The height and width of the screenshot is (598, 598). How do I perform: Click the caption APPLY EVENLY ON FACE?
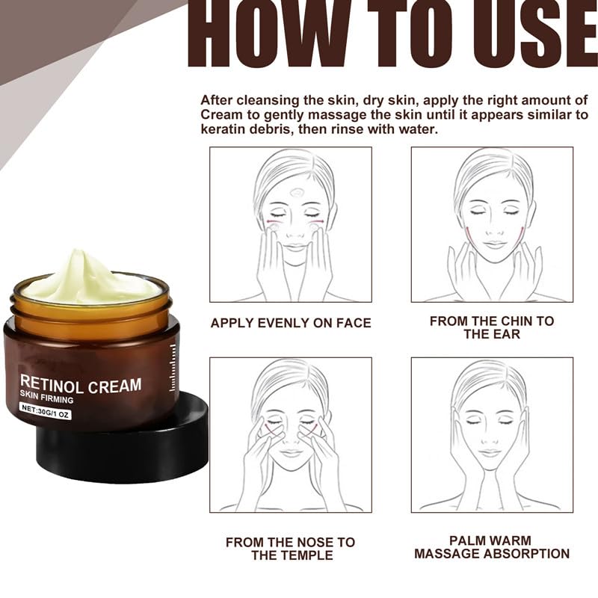(x=291, y=323)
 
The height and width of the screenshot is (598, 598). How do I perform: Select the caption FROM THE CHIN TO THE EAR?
(x=492, y=327)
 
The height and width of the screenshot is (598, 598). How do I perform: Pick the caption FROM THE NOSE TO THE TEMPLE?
(x=290, y=548)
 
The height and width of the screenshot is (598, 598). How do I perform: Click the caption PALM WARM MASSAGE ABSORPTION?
(x=491, y=546)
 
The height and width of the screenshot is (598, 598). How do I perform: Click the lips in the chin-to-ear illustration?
(x=493, y=244)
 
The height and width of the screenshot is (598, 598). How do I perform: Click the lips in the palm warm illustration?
(x=490, y=451)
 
